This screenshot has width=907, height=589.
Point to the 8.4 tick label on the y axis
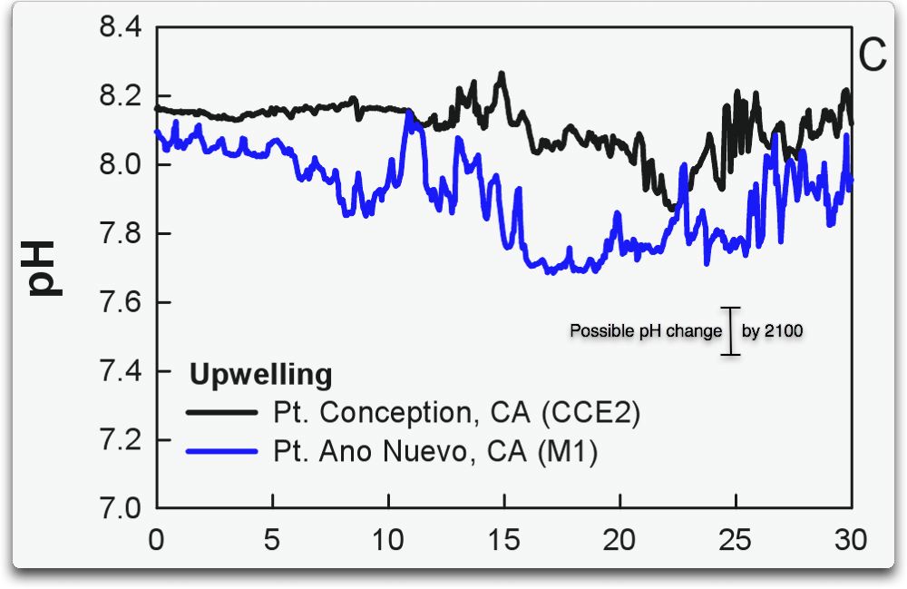click(x=120, y=27)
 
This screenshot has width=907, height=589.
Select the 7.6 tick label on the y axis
click(x=120, y=303)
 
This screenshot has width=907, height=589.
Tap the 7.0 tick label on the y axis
click(x=120, y=509)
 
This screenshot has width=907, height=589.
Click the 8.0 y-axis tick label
click(x=120, y=165)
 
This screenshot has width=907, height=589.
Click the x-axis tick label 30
click(x=850, y=540)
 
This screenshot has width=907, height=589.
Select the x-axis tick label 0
click(x=157, y=540)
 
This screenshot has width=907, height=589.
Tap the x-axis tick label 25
click(x=736, y=540)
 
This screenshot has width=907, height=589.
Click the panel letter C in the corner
click(x=872, y=56)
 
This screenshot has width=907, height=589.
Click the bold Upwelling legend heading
click(x=260, y=374)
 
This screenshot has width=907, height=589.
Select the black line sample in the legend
click(x=221, y=413)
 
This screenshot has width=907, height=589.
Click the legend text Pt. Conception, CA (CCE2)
click(x=456, y=413)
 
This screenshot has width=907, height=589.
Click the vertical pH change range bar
click(x=731, y=330)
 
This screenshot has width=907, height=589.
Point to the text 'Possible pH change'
click(x=645, y=331)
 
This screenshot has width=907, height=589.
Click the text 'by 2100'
click(x=772, y=331)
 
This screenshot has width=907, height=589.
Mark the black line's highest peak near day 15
click(x=501, y=74)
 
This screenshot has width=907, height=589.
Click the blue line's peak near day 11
click(x=410, y=113)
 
